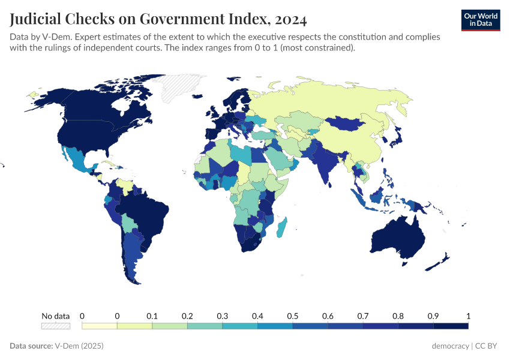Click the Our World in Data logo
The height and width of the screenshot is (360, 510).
click(480, 20)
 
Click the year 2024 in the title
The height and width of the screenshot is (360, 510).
click(290, 20)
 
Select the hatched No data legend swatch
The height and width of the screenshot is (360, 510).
click(56, 326)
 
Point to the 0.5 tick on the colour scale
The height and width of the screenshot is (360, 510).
click(292, 316)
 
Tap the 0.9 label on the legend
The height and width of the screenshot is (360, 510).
click(433, 316)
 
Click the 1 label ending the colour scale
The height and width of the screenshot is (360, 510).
click(468, 316)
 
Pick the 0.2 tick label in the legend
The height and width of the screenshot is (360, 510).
click(187, 316)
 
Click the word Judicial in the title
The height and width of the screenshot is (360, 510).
click(35, 20)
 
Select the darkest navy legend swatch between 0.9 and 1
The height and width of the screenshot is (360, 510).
click(451, 326)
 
